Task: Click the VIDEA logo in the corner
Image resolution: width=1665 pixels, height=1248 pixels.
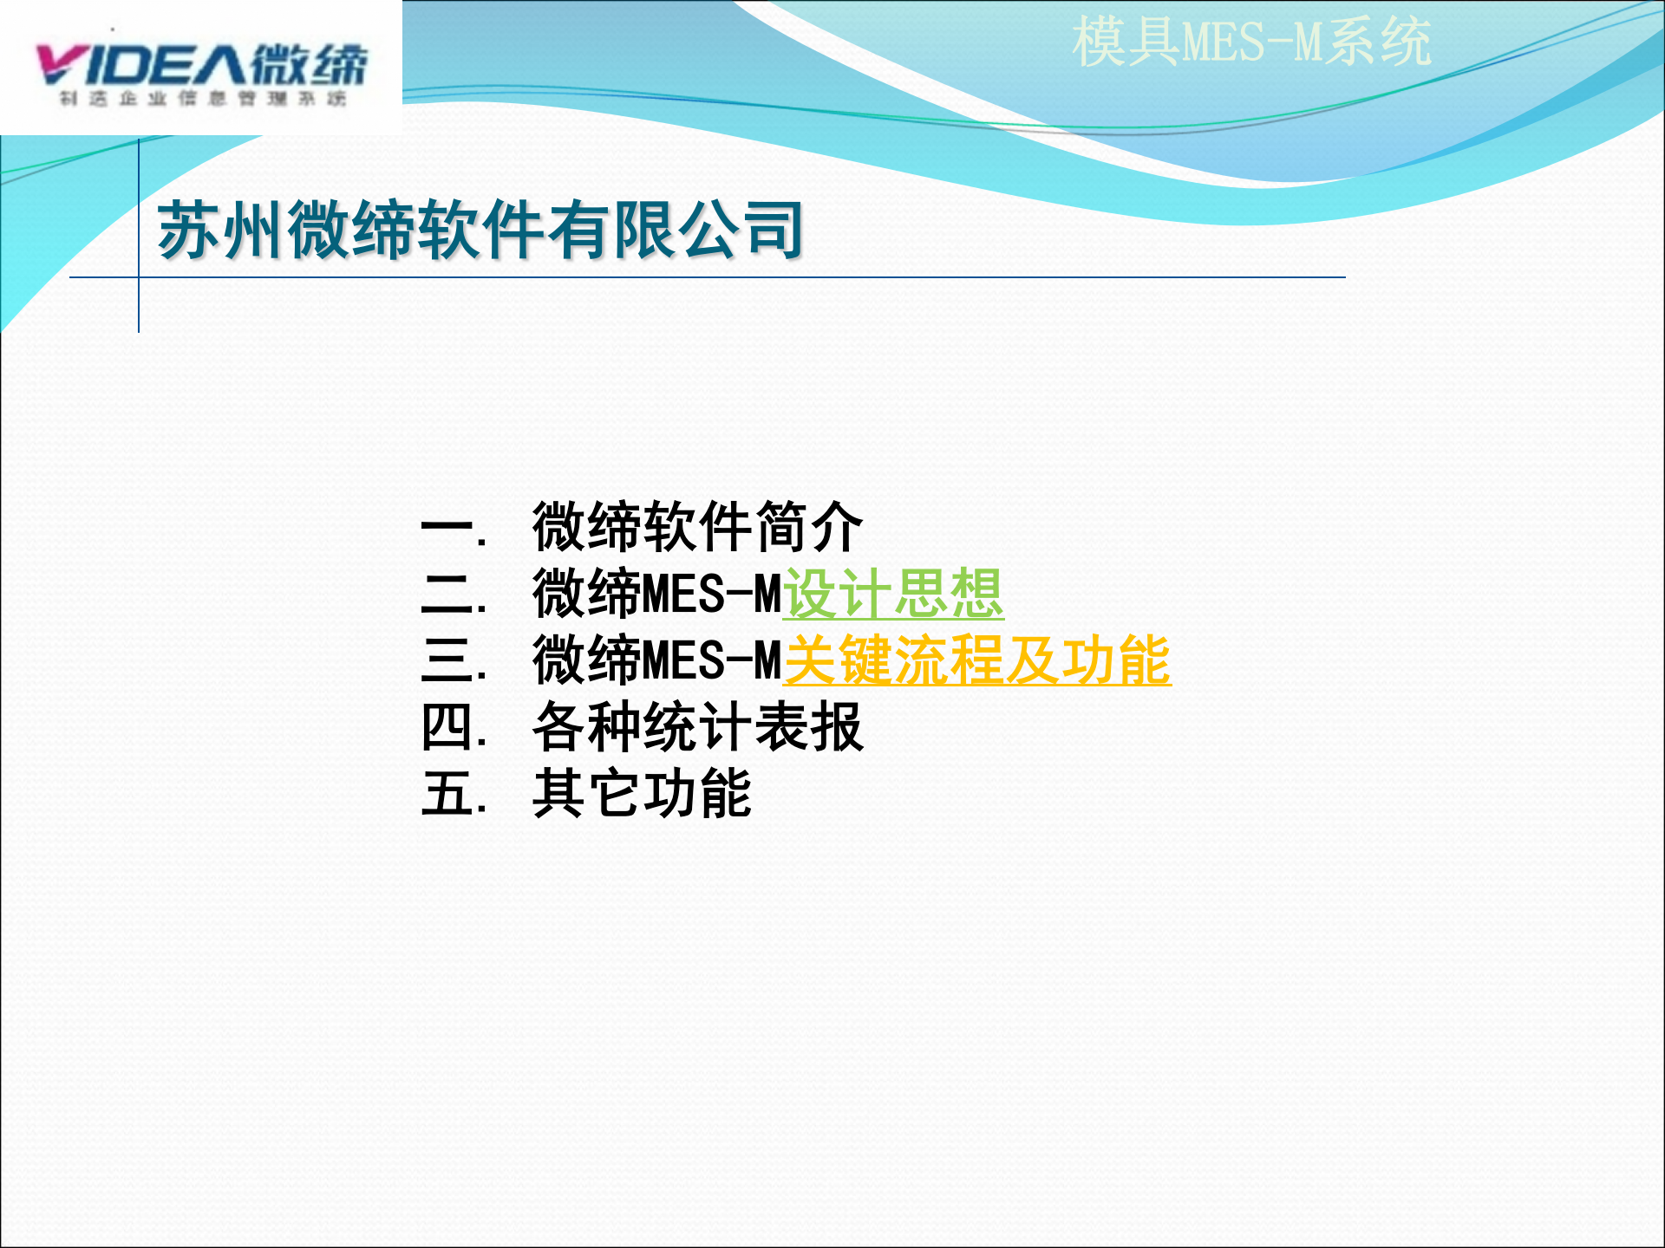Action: pos(201,69)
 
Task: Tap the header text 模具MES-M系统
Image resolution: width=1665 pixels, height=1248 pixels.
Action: pos(1250,42)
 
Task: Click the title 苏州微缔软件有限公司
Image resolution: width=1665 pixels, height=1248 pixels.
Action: pos(481,230)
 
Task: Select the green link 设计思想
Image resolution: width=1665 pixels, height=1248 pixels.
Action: pos(893,594)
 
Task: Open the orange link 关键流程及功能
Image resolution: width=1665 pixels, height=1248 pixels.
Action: pos(976,660)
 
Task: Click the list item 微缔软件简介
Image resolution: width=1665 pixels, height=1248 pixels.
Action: pos(697,527)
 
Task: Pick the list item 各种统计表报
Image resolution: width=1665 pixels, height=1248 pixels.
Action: pos(697,726)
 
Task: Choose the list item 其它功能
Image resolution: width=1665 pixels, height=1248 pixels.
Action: pos(642,793)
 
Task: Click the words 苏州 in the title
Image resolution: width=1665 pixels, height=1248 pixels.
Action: pos(221,230)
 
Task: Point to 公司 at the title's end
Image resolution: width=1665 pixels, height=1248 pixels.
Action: pos(741,230)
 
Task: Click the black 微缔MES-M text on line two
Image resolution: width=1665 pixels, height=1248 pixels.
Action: pos(657,594)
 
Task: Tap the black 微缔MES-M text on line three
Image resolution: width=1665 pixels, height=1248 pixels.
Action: pos(657,660)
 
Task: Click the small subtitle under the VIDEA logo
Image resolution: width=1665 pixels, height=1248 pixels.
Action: pos(203,99)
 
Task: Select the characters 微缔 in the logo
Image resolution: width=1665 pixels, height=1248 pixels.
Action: pos(309,65)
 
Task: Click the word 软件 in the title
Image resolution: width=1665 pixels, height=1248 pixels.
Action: pos(481,230)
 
